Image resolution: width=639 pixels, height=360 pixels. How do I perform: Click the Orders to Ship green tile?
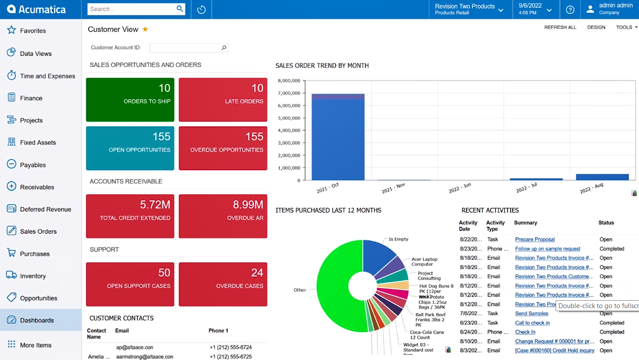pyautogui.click(x=130, y=99)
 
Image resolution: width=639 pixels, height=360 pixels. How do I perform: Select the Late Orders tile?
pyautogui.click(x=223, y=99)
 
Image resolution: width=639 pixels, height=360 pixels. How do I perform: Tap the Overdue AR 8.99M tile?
pyautogui.click(x=223, y=216)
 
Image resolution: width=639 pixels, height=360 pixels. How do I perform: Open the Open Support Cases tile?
pyautogui.click(x=130, y=284)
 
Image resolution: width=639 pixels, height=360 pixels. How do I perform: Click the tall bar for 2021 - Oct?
pyautogui.click(x=338, y=140)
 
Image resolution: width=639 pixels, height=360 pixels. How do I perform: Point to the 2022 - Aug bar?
pyautogui.click(x=602, y=177)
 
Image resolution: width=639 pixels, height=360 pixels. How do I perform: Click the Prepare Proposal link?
pyautogui.click(x=535, y=239)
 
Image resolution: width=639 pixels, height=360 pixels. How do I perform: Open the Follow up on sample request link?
pyautogui.click(x=547, y=249)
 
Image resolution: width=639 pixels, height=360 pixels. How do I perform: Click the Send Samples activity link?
pyautogui.click(x=531, y=313)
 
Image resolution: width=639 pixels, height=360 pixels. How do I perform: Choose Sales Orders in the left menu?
pyautogui.click(x=38, y=231)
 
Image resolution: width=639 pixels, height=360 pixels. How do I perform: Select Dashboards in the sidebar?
pyautogui.click(x=37, y=320)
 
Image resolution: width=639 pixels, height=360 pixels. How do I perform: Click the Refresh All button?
pyautogui.click(x=560, y=27)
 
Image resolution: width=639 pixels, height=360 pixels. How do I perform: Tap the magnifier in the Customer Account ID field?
pyautogui.click(x=224, y=48)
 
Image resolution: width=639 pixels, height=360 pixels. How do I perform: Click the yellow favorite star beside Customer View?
pyautogui.click(x=145, y=29)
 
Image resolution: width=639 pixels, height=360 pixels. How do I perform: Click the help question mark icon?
pyautogui.click(x=570, y=10)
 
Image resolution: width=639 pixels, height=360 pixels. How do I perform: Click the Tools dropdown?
pyautogui.click(x=626, y=27)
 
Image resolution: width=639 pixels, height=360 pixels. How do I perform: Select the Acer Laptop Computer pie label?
pyautogui.click(x=424, y=261)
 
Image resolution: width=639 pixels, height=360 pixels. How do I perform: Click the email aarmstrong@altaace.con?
pyautogui.click(x=144, y=357)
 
